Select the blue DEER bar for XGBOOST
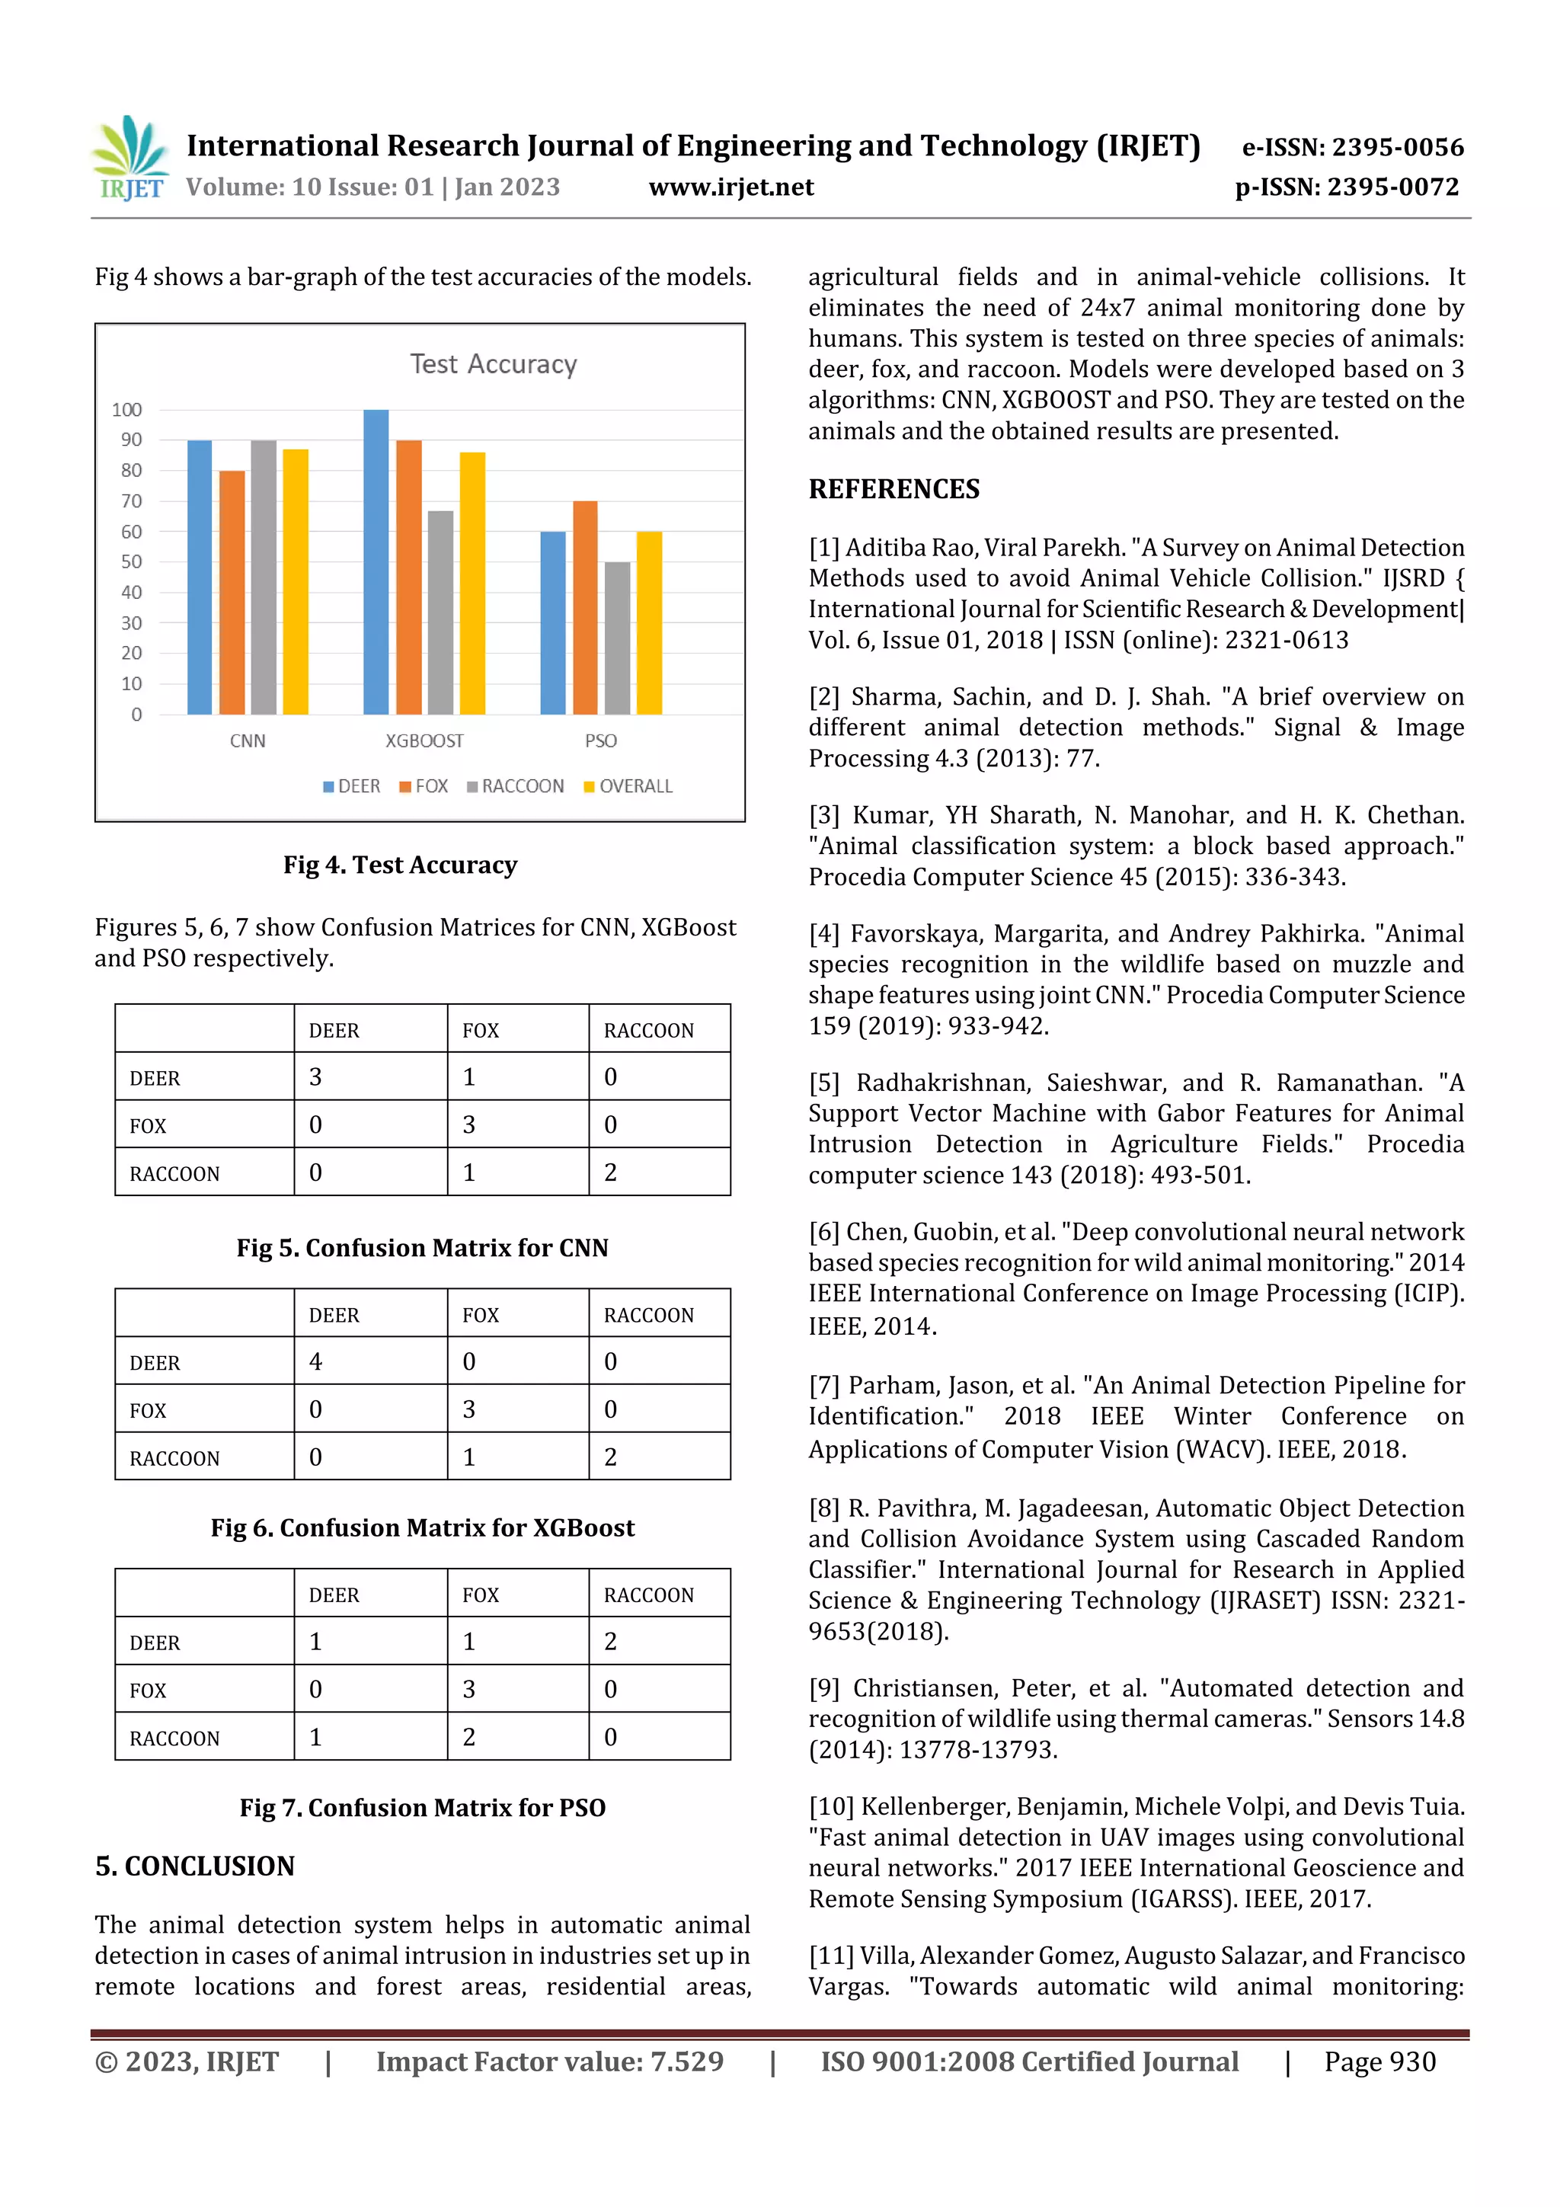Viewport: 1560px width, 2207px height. click(x=376, y=562)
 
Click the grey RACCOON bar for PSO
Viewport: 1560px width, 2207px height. click(x=617, y=638)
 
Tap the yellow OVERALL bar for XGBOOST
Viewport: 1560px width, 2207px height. click(x=472, y=584)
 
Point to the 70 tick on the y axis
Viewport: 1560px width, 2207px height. click(x=131, y=501)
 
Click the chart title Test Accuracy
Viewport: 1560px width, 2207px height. click(x=493, y=364)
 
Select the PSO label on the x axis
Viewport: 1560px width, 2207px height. click(x=601, y=741)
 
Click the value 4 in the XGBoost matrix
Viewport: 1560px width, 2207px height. click(x=315, y=1361)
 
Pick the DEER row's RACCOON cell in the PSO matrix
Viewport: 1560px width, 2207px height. click(x=610, y=1642)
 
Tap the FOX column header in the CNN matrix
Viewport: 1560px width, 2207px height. click(x=481, y=1031)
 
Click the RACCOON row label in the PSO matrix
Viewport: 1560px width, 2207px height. click(x=175, y=1738)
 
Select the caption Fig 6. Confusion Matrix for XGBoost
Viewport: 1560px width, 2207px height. click(x=423, y=1527)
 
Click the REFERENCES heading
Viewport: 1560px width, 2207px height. click(x=894, y=489)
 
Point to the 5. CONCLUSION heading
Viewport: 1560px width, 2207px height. click(x=195, y=1866)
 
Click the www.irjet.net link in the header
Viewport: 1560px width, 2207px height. click(x=731, y=187)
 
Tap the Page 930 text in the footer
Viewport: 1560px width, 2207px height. click(x=1379, y=2061)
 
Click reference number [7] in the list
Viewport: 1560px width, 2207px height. click(x=823, y=1385)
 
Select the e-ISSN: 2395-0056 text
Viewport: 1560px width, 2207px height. click(x=1352, y=147)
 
